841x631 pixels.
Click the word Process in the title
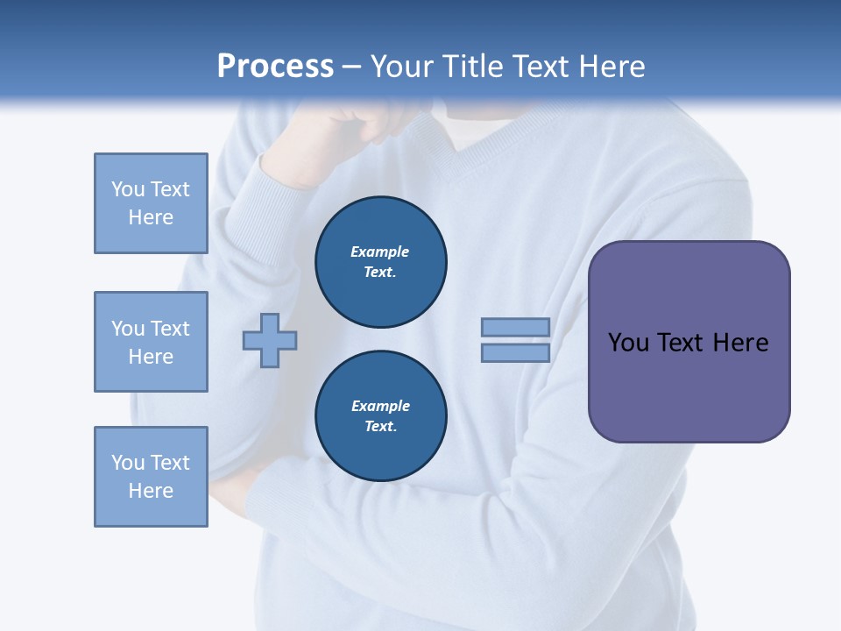(x=275, y=67)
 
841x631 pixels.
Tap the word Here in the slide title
(x=611, y=67)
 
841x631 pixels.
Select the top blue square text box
(x=151, y=203)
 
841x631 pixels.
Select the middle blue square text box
(x=151, y=342)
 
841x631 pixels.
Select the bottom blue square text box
(x=151, y=477)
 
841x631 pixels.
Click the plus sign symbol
(x=270, y=340)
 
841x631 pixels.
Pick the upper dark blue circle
(x=381, y=262)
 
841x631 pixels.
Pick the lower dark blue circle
(x=381, y=416)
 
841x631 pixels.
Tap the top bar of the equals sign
(x=515, y=327)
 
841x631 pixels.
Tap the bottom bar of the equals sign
(x=515, y=352)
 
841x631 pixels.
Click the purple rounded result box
(x=689, y=386)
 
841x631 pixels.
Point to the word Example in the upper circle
(x=380, y=252)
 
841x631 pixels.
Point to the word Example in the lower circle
(x=380, y=406)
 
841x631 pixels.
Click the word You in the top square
(x=127, y=189)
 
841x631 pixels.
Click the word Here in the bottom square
(x=151, y=491)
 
